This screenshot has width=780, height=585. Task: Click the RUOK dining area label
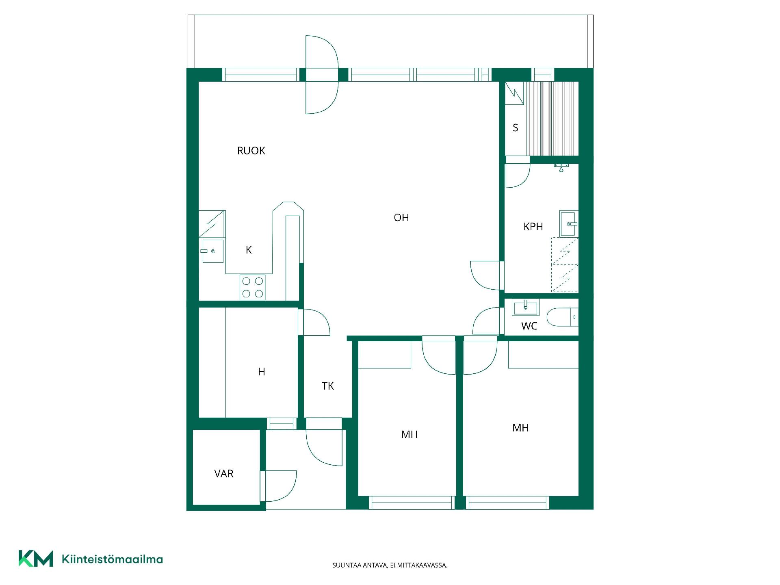pyautogui.click(x=251, y=151)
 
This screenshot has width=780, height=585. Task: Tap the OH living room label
pyautogui.click(x=401, y=217)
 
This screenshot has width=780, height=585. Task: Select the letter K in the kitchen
pyautogui.click(x=249, y=250)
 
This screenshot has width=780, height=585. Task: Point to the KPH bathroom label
pyautogui.click(x=533, y=226)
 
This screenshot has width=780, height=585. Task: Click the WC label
pyautogui.click(x=529, y=326)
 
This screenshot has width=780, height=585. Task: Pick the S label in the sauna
pyautogui.click(x=516, y=128)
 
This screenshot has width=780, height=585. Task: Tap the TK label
pyautogui.click(x=328, y=386)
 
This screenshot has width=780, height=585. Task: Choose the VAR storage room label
pyautogui.click(x=224, y=474)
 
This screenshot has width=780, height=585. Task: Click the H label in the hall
pyautogui.click(x=262, y=371)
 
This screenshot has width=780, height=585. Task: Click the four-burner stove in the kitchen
pyautogui.click(x=252, y=287)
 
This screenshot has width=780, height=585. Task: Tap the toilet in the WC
pyautogui.click(x=562, y=317)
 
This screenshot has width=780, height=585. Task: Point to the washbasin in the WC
pyautogui.click(x=525, y=307)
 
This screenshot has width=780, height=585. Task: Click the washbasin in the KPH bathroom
pyautogui.click(x=569, y=224)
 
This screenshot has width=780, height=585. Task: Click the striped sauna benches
pyautogui.click(x=552, y=118)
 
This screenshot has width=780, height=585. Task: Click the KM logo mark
pyautogui.click(x=36, y=559)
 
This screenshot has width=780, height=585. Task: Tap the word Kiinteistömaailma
pyautogui.click(x=112, y=559)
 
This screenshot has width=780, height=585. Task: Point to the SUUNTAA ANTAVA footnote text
pyautogui.click(x=390, y=565)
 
